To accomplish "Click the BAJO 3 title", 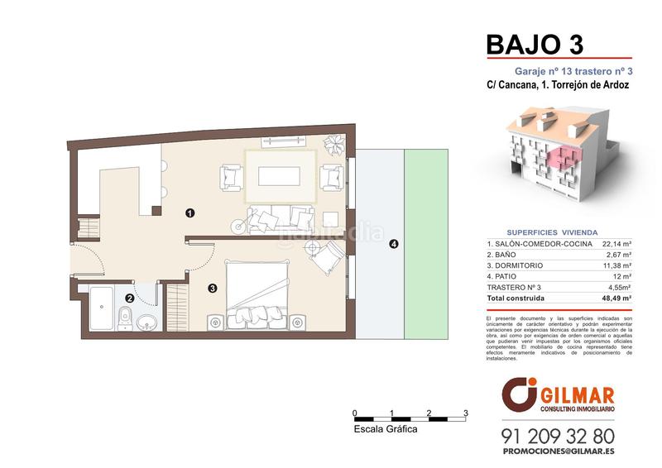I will coord(535,42).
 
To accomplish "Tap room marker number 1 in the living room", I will coord(190,213).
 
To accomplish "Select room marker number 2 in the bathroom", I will coord(129,298).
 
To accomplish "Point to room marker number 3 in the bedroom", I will coord(213,289).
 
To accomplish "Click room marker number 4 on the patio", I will coord(393,244).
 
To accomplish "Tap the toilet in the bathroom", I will coord(124,315).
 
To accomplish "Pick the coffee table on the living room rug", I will coord(280,176).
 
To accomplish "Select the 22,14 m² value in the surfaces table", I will coord(616,245).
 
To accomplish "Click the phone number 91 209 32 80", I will coord(558,435).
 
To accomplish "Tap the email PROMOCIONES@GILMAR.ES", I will coord(558,453).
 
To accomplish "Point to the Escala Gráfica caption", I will coord(385,430).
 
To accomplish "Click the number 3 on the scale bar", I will coord(466,412).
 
